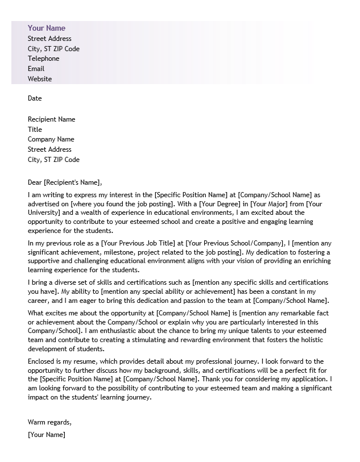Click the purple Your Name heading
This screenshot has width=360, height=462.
[47, 28]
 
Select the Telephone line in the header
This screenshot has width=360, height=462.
[44, 59]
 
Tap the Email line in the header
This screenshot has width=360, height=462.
[36, 69]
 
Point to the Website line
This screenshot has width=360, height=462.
[40, 79]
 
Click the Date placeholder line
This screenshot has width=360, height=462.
[35, 98]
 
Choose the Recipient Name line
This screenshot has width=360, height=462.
[51, 119]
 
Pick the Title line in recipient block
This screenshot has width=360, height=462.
[35, 130]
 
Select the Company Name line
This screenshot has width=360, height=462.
[51, 139]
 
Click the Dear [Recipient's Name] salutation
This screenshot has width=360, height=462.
[65, 182]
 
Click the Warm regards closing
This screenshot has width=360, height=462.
[49, 422]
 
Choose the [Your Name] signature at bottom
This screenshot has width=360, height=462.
[47, 435]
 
